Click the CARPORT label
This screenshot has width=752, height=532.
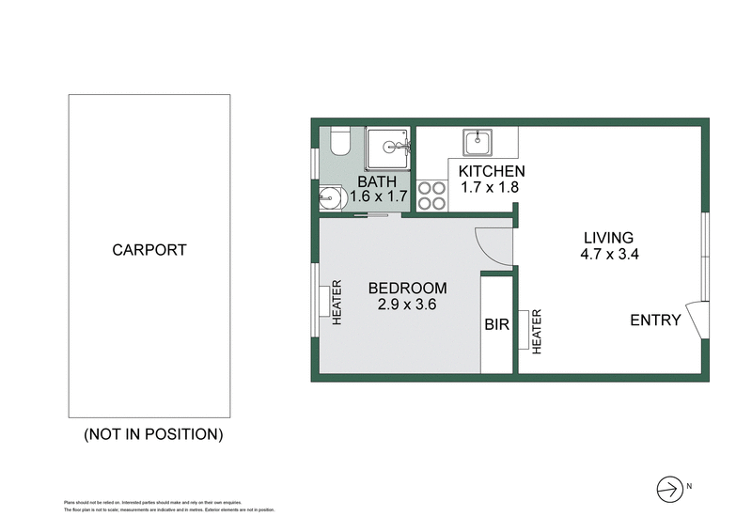[x=149, y=250]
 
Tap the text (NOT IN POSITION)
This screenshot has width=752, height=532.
[x=153, y=434]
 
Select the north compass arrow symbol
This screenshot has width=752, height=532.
[x=666, y=488]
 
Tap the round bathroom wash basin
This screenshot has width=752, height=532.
[x=331, y=198]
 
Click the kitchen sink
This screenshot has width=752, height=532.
[x=477, y=143]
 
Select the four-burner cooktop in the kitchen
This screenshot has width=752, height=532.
[x=431, y=195]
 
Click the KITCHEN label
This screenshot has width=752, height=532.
[x=492, y=171]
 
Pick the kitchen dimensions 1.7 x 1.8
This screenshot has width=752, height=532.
[x=490, y=187]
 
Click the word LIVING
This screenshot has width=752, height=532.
[x=608, y=238]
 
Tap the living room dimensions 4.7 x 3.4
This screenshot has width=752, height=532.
[x=609, y=254]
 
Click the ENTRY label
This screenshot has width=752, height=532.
[x=655, y=321]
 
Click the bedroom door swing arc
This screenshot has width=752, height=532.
[x=493, y=246]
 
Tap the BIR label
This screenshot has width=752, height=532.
[x=497, y=325]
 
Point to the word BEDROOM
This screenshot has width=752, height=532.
[x=407, y=289]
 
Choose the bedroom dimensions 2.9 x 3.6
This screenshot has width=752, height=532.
[x=407, y=305]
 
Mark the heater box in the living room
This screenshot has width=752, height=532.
[x=524, y=329]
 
